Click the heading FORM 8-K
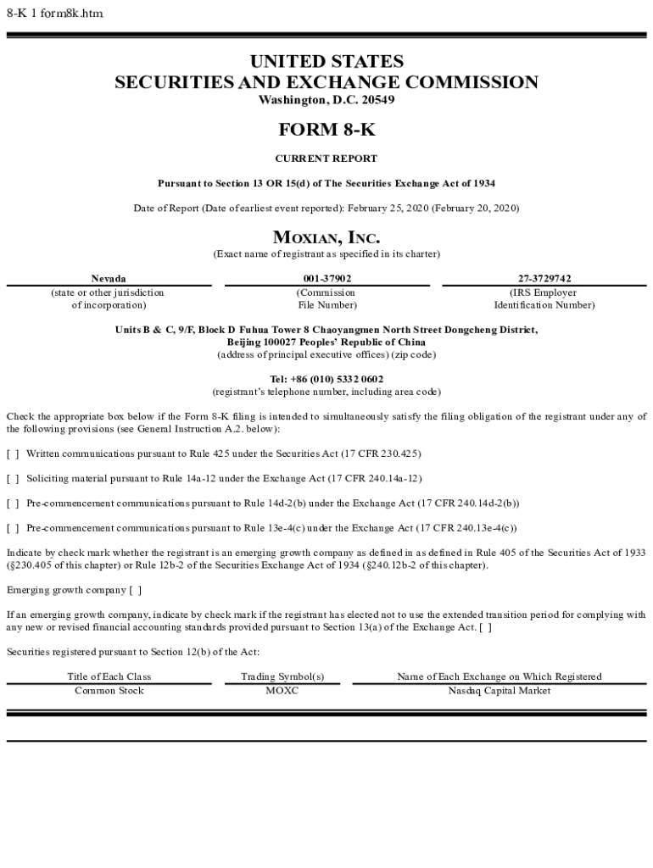point(326,130)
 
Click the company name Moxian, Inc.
point(326,237)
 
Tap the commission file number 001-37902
point(326,279)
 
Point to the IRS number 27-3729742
point(544,279)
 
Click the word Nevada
point(109,279)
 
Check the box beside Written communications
point(13,454)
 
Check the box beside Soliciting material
point(13,479)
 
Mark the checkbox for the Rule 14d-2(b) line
point(13,504)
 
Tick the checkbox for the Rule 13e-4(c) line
point(13,528)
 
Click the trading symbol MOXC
point(282,691)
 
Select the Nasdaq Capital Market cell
point(500,691)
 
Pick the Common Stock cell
point(109,691)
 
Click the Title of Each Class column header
point(109,676)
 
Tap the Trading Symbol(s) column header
point(282,676)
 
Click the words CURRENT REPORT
point(326,159)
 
